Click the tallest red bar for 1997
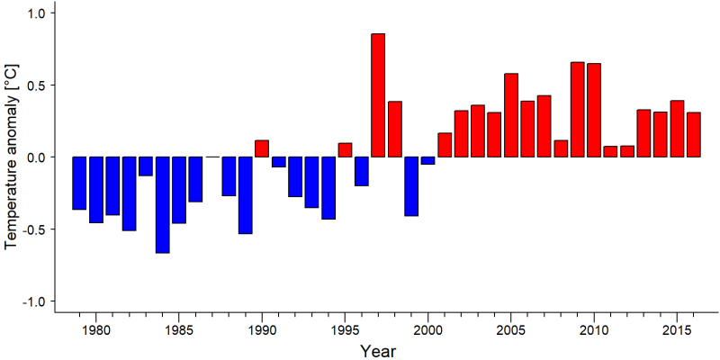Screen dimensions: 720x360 coord(378,95)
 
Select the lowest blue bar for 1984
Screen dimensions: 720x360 coord(163,205)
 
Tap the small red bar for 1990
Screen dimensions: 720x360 coord(262,148)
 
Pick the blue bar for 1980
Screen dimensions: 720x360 coord(96,190)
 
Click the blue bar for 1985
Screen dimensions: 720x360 coord(179,190)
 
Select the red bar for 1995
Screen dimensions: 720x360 coord(345,149)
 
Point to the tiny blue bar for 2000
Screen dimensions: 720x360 coord(428,160)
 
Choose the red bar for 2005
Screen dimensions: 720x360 coord(511,115)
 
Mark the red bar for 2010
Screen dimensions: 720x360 coord(594,110)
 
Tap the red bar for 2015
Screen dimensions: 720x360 coord(677,129)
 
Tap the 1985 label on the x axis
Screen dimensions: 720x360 coord(179,329)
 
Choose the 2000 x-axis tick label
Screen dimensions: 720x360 coord(428,329)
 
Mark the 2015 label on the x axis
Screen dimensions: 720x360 coord(677,329)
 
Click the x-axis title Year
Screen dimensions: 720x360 coord(377,351)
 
